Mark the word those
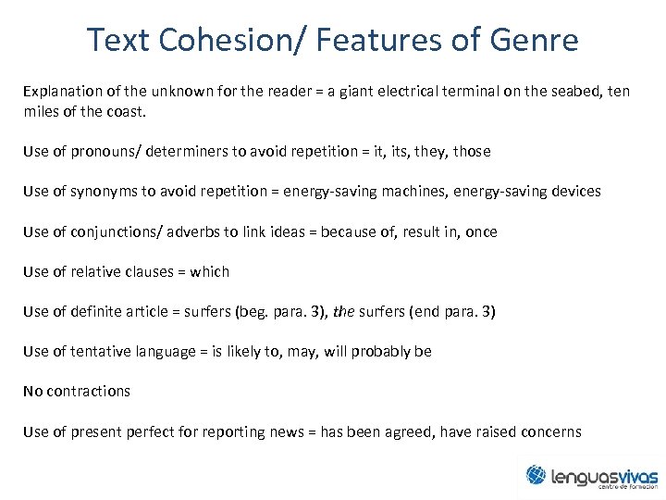(472, 151)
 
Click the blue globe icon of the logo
(536, 475)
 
